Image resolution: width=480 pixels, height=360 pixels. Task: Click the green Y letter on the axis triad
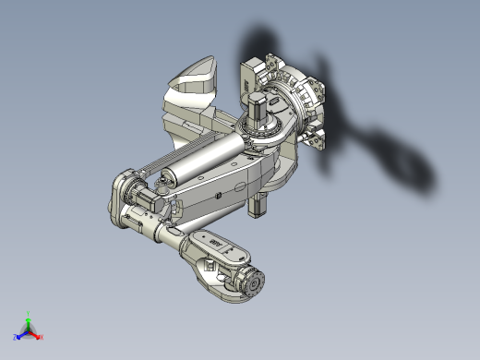point(29,314)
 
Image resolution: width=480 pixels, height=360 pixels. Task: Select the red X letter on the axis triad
point(42,337)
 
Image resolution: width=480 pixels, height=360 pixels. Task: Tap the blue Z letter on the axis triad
point(16,337)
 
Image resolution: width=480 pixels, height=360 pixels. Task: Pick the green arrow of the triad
point(29,323)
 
